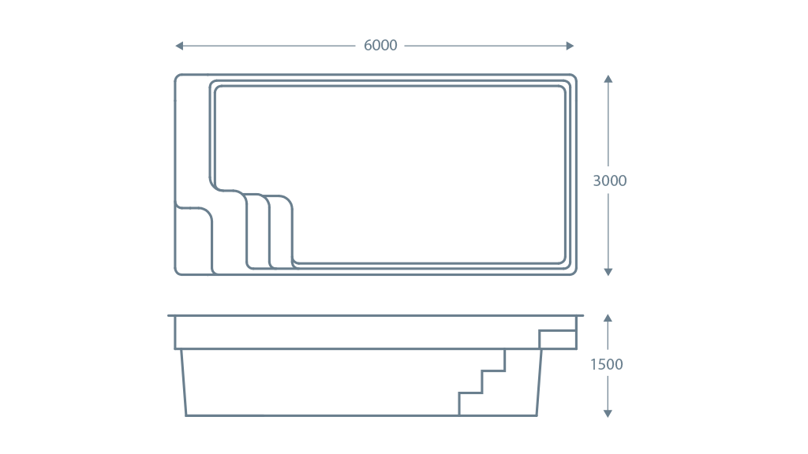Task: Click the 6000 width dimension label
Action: tap(380, 46)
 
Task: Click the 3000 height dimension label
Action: tap(609, 180)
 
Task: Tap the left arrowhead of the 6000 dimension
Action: tap(178, 46)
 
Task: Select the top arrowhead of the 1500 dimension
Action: tap(608, 318)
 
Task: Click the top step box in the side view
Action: tap(557, 340)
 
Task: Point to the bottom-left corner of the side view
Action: tap(187, 415)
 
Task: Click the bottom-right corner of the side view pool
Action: tap(539, 415)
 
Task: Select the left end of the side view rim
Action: tap(170, 316)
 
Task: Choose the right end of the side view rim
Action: tap(582, 316)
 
